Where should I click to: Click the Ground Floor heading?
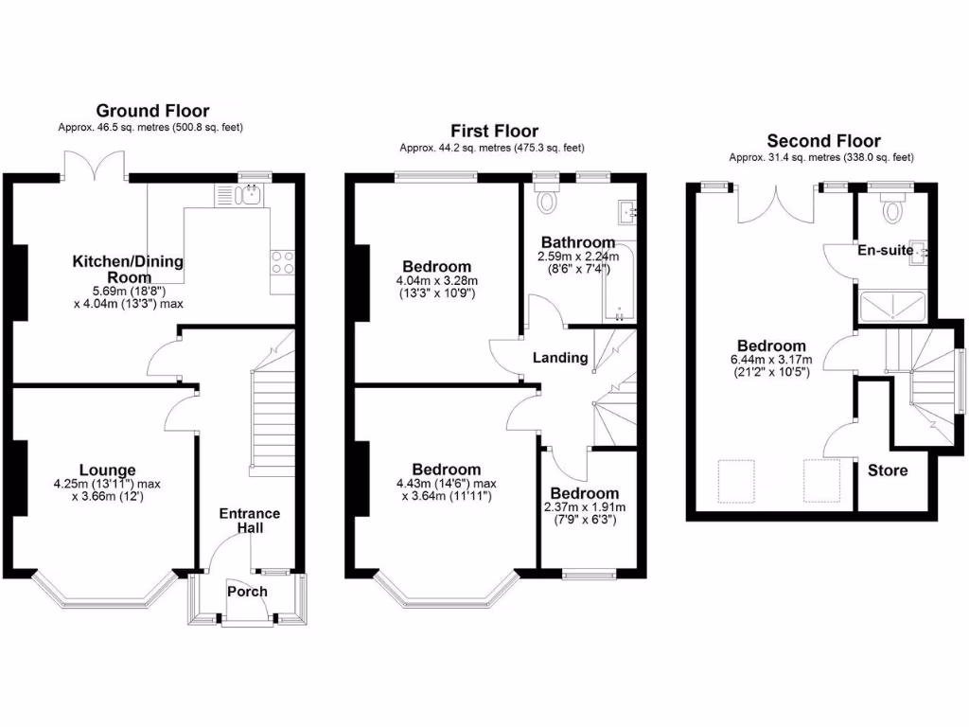(x=152, y=112)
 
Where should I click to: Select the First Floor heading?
(x=494, y=132)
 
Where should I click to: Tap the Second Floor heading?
(x=823, y=141)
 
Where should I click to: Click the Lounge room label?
(x=107, y=470)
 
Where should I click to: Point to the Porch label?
(x=247, y=592)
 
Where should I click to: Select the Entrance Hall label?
(x=250, y=520)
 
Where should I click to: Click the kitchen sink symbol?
(x=251, y=196)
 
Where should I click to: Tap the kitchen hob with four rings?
(x=282, y=262)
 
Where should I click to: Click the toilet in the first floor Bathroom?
(x=546, y=200)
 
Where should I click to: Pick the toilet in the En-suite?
(x=890, y=208)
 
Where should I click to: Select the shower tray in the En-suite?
(x=890, y=304)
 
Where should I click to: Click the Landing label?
(x=560, y=358)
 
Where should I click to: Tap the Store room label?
(x=887, y=470)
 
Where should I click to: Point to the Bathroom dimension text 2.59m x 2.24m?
(x=577, y=257)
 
